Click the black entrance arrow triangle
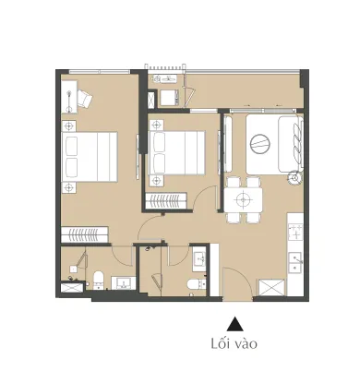click(235, 324)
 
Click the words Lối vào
click(234, 343)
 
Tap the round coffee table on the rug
click(260, 143)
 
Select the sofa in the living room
click(291, 144)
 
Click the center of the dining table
click(243, 200)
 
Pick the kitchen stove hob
click(295, 232)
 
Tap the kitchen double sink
click(295, 262)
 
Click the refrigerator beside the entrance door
click(272, 287)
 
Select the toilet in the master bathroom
click(99, 280)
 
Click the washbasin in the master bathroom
click(124, 283)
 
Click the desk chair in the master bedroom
click(84, 98)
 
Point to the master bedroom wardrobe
click(84, 234)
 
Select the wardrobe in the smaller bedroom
click(166, 200)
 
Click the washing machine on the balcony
click(169, 97)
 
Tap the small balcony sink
click(165, 79)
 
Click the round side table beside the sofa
click(296, 178)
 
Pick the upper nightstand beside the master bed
click(69, 126)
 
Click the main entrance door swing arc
click(244, 277)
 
